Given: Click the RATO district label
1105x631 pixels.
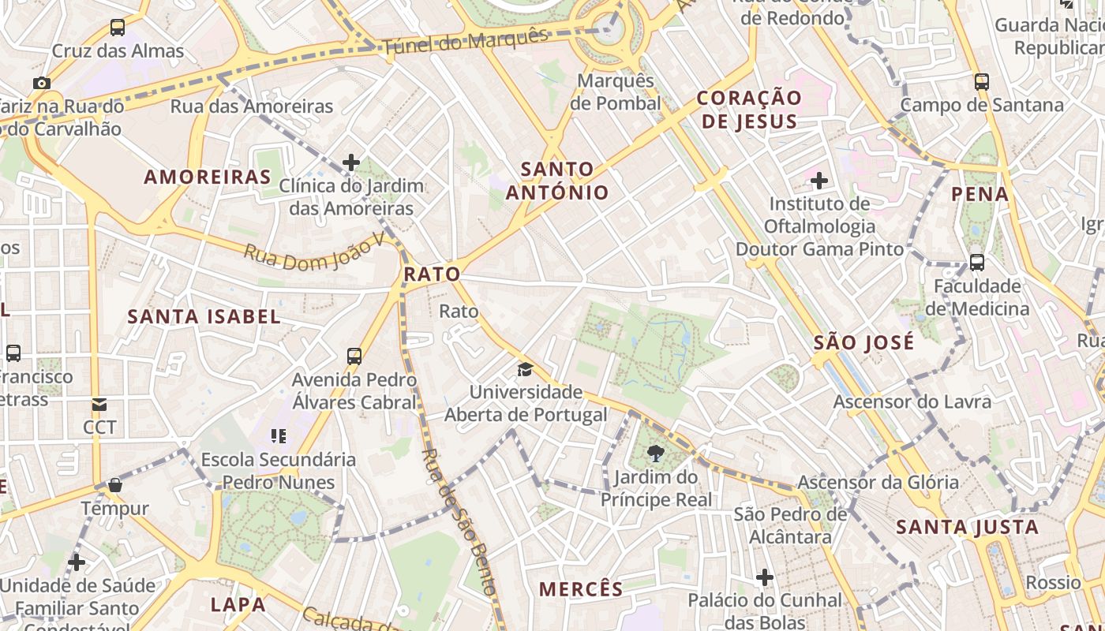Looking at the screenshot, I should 432,274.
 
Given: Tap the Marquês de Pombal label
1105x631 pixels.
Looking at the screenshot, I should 616,92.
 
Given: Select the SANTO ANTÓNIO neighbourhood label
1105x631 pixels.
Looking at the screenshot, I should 557,181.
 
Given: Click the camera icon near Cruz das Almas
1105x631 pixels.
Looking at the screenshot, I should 42,83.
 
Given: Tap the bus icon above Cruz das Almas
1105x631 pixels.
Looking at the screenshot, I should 118,28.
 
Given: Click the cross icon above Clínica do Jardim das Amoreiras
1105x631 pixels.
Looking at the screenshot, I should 351,163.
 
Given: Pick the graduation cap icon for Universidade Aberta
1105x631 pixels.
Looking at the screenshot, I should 525,369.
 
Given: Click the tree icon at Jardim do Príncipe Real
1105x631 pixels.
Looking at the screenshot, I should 655,454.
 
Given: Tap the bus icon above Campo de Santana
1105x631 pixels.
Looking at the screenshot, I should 982,81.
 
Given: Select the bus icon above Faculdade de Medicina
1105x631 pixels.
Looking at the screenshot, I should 976,263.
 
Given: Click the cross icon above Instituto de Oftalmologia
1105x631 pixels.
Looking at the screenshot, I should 819,181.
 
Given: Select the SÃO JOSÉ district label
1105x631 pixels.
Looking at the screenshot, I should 863,342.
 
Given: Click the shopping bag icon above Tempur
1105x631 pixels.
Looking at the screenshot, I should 115,485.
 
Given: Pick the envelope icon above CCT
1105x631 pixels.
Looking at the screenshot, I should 99,405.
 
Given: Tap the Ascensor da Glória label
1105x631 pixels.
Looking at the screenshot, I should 878,482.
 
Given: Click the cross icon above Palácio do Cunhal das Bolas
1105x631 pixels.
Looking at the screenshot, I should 764,577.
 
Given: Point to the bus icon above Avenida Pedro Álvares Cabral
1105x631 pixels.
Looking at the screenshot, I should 354,357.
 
